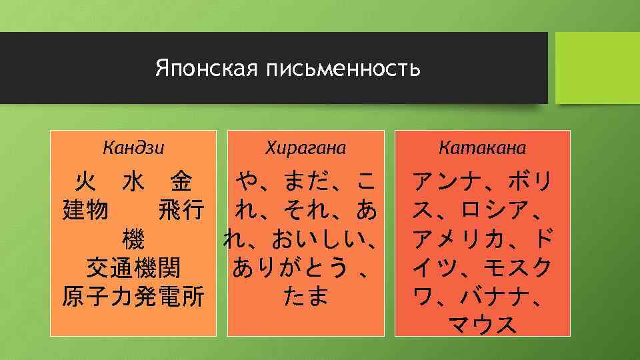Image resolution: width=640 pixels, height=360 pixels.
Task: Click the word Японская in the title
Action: pos(207,69)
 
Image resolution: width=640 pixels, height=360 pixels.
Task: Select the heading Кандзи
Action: pos(134,147)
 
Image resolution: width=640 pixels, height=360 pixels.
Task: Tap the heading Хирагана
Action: pos(306,147)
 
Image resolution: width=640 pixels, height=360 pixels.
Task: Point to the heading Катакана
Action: pos(483,147)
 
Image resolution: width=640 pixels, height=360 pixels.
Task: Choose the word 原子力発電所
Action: pos(133,296)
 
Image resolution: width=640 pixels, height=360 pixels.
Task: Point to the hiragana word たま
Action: pos(306,296)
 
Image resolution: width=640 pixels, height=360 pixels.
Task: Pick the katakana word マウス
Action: pos(483,325)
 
